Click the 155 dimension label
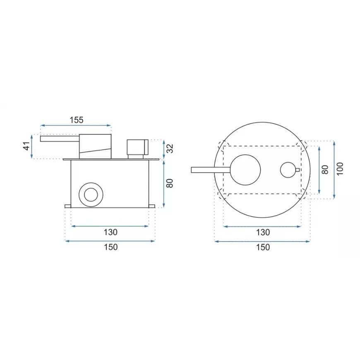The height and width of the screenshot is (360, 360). pos(77,120)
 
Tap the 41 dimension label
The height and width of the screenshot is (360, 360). pos(26,146)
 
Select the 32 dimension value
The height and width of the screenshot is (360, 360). pos(170,149)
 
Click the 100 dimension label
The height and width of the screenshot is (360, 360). pos(340,169)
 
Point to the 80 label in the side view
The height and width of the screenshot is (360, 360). pos(170,183)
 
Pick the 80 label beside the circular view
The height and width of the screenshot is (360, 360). pos(325,169)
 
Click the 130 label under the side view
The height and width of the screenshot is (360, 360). pos(110,232)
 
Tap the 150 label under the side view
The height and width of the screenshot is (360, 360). pos(110,247)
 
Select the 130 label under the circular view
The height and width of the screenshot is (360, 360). pos(263,233)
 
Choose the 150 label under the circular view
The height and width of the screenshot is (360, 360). pos(263,247)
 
